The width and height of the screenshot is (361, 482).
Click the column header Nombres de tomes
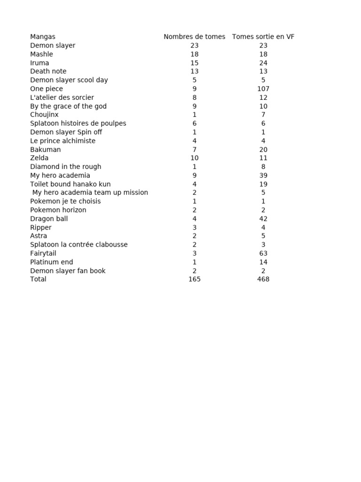(194, 37)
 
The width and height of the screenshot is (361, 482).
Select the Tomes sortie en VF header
(263, 37)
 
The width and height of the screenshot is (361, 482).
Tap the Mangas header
(43, 37)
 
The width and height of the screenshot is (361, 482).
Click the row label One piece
(47, 89)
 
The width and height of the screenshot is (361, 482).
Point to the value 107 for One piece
(263, 89)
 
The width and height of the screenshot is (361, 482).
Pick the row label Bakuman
(46, 150)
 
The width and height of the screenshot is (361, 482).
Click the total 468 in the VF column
(263, 279)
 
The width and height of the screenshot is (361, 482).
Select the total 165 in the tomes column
(194, 279)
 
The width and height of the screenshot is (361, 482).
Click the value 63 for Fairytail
(263, 253)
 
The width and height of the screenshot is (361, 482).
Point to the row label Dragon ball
(49, 219)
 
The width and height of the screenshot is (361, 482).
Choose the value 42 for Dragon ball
(263, 219)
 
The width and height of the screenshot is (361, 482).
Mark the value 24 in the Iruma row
(263, 63)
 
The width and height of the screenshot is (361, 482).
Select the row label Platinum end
(52, 262)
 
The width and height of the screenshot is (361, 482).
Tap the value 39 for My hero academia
(263, 176)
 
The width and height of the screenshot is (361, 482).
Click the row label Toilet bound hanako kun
(71, 184)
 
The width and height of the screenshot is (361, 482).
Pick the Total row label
(39, 279)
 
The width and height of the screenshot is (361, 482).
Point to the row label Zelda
(39, 158)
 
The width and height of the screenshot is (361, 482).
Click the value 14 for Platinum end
(263, 262)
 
